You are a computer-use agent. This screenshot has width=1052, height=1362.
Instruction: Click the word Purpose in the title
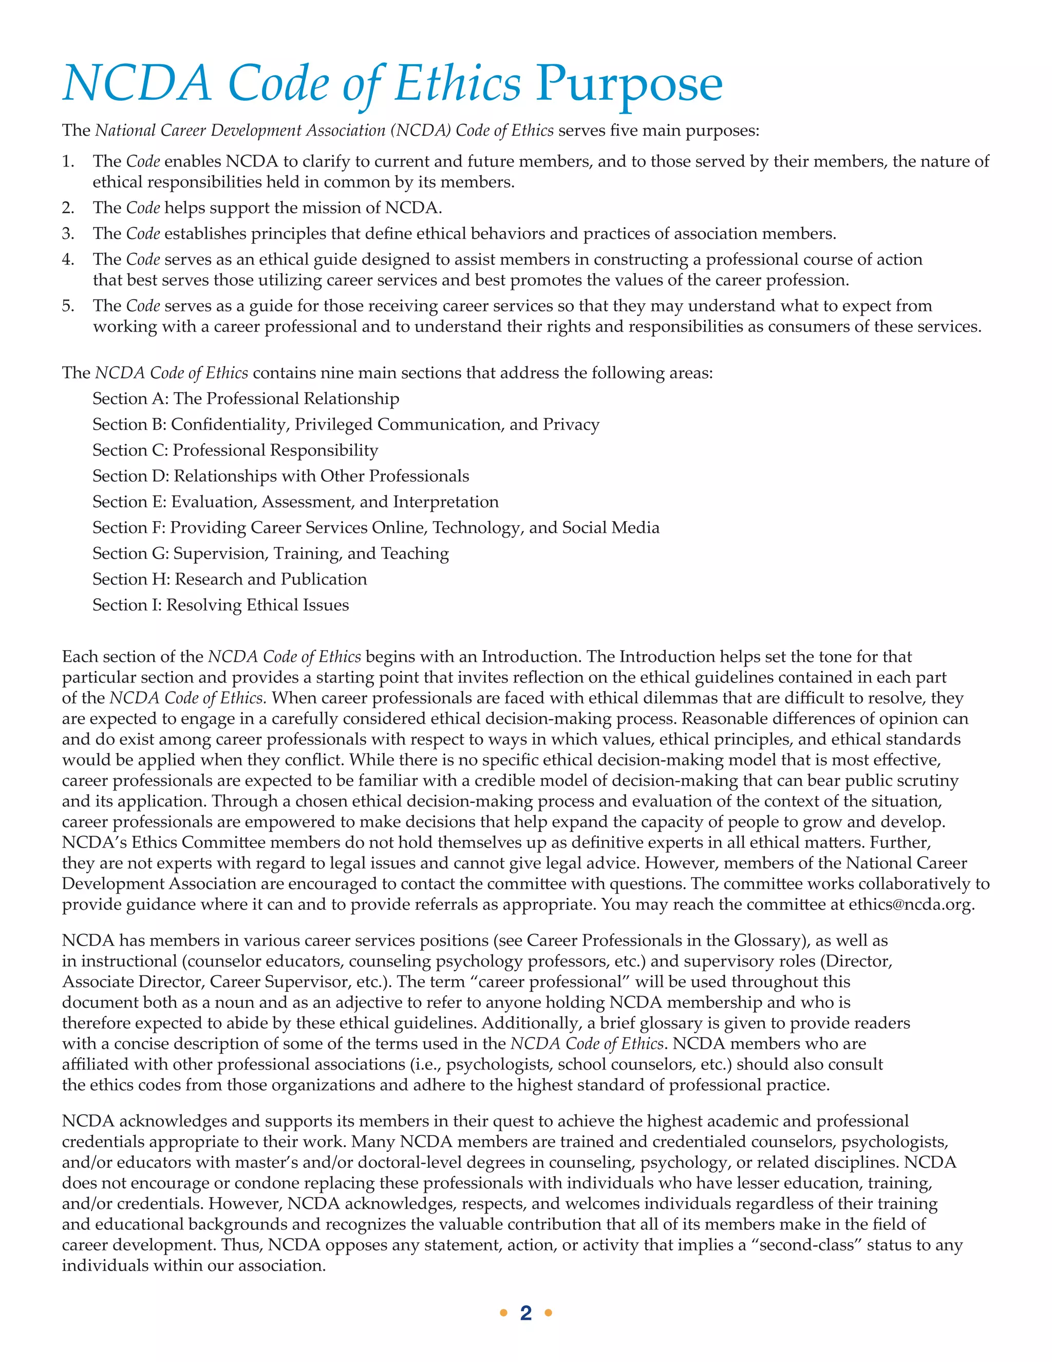629,84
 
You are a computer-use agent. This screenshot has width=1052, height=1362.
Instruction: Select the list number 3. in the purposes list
68,234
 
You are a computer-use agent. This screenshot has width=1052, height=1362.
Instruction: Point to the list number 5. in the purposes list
68,306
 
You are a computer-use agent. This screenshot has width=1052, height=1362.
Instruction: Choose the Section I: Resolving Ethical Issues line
220,605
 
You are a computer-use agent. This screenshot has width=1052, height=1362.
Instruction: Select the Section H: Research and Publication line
229,579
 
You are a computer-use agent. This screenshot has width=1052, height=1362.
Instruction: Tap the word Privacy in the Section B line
571,425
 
